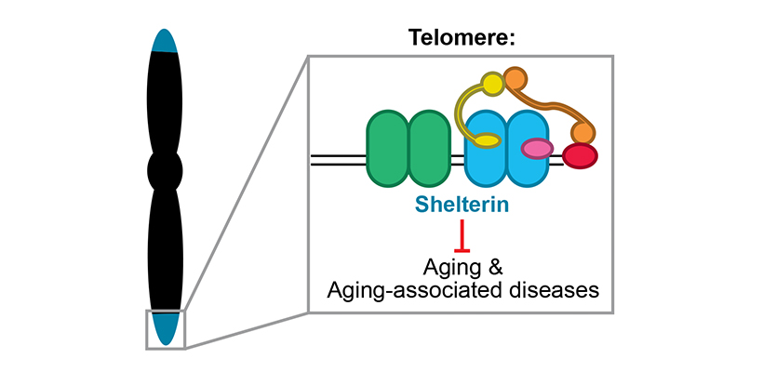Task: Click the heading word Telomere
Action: pyautogui.click(x=460, y=39)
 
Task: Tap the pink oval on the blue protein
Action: pyautogui.click(x=537, y=147)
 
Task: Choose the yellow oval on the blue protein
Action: pyautogui.click(x=487, y=141)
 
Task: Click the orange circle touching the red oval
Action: pyautogui.click(x=583, y=133)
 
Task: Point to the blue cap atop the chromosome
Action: pyautogui.click(x=165, y=41)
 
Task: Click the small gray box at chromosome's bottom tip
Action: pyautogui.click(x=166, y=329)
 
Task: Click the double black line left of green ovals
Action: pyautogui.click(x=337, y=164)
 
